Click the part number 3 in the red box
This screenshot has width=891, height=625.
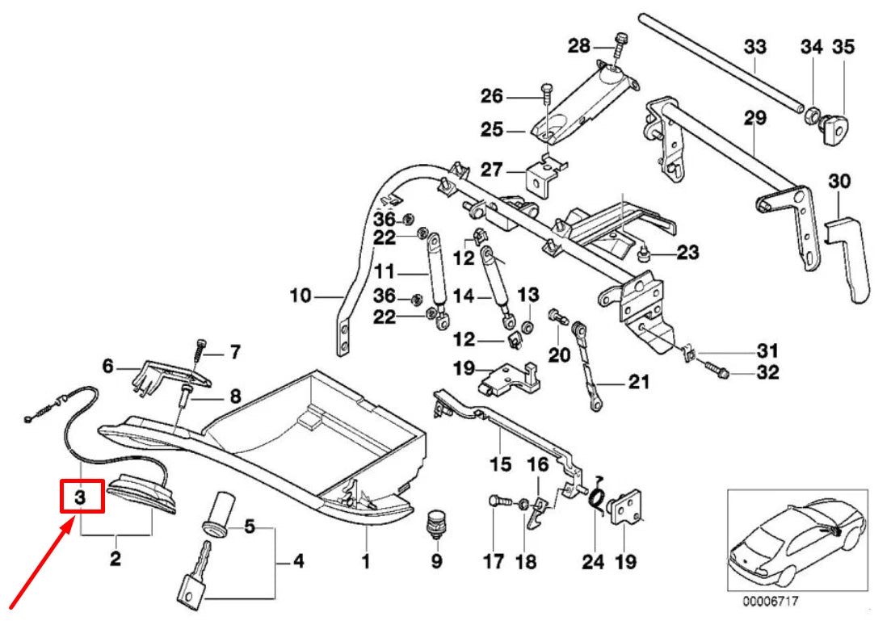(81, 498)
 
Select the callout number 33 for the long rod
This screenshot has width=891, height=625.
(754, 47)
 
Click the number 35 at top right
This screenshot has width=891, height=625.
(843, 47)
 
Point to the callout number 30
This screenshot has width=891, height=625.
(840, 182)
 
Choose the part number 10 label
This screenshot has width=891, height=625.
(301, 296)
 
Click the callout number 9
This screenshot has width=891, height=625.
(437, 560)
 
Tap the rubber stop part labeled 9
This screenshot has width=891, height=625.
(437, 522)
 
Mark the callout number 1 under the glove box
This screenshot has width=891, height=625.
(365, 560)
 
